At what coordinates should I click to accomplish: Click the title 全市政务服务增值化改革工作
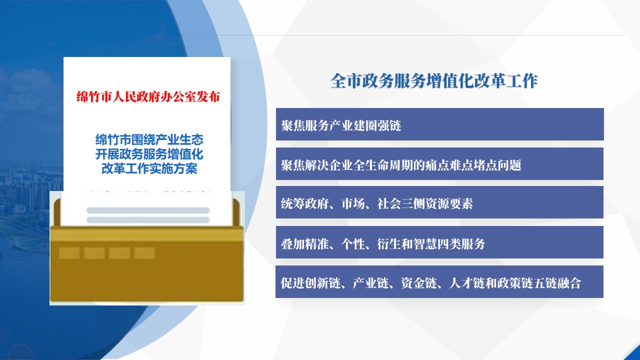(434, 81)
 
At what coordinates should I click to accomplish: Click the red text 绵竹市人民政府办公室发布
(148, 97)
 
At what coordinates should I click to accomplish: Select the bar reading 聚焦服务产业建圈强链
(439, 124)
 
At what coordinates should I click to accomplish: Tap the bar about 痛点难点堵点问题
(439, 163)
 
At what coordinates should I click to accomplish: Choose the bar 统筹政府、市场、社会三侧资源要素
(439, 202)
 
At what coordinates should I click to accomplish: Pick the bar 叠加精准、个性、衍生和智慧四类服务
(439, 242)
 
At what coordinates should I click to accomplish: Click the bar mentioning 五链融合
(439, 281)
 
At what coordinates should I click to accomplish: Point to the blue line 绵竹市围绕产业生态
(149, 139)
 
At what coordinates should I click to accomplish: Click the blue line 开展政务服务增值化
(149, 154)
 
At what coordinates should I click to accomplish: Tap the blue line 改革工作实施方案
(149, 168)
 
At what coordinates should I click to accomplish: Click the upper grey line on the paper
(148, 210)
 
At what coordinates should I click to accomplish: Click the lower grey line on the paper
(148, 220)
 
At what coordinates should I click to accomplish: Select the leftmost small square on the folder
(69, 253)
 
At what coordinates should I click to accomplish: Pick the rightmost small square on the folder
(144, 253)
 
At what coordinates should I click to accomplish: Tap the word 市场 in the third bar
(353, 203)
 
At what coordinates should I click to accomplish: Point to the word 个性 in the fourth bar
(353, 243)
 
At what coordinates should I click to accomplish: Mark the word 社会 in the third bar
(389, 203)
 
